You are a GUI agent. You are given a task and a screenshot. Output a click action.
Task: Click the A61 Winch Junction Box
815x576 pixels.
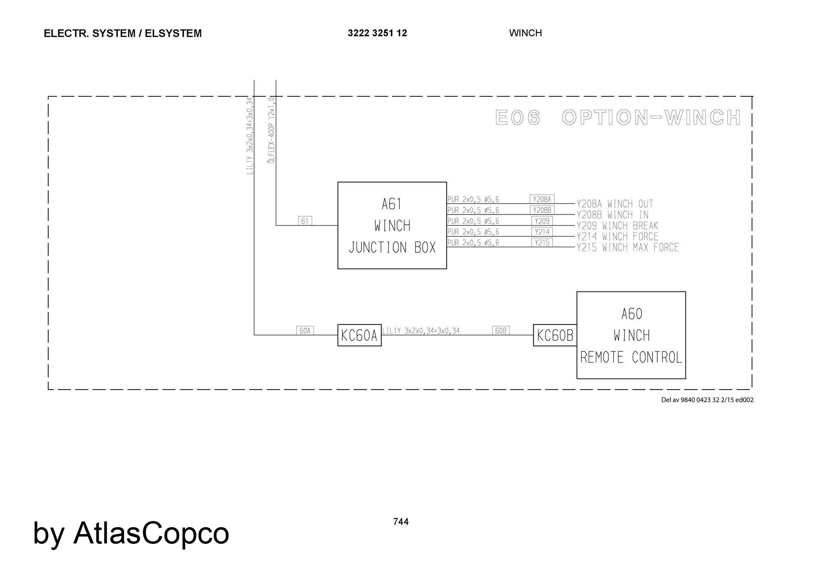coord(392,225)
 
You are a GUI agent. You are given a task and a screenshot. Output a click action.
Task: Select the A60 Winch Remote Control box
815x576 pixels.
coord(631,335)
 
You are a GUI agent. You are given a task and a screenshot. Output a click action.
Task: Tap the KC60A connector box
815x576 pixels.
coord(359,335)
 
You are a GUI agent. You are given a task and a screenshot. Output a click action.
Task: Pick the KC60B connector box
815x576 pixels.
coord(555,335)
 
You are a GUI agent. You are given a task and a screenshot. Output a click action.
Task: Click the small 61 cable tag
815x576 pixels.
coord(305,221)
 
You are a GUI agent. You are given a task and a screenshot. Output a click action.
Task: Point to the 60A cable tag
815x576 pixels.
coord(305,331)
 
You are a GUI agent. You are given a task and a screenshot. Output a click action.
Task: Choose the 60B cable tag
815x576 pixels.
coord(501,331)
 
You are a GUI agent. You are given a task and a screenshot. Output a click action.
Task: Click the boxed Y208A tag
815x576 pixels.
coord(542,199)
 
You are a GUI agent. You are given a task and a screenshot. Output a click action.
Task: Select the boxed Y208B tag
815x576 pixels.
coord(542,210)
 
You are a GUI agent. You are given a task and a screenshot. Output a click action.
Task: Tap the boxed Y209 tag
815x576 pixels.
coord(542,221)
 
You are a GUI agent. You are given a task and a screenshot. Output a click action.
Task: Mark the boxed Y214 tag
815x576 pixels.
coord(542,232)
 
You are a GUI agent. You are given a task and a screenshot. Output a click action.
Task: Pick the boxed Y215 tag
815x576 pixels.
coord(542,243)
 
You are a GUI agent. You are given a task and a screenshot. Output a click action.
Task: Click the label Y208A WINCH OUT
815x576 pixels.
coord(615,204)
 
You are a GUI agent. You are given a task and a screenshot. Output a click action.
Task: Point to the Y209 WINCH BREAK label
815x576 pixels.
coord(617,226)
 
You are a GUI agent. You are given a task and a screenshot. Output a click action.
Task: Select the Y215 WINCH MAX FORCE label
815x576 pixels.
coord(628,247)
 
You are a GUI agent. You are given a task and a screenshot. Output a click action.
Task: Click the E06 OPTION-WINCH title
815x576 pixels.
coord(618,118)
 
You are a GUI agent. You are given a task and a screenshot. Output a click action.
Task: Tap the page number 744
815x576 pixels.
coord(401,521)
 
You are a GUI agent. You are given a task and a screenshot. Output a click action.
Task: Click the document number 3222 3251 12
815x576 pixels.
coord(377,33)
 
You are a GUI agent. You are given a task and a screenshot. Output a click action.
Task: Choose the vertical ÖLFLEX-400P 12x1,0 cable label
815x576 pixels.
coord(271,130)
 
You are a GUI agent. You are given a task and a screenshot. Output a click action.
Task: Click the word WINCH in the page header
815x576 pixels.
coord(525,33)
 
